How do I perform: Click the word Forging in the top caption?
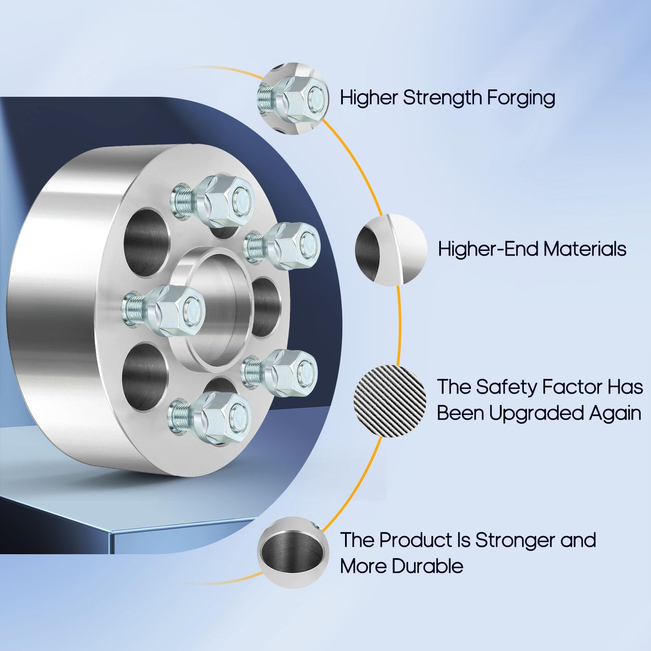[521, 98]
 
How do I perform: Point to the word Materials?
[585, 249]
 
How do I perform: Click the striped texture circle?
[391, 401]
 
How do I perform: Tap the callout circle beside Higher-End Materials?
[391, 249]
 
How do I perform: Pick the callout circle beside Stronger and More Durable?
[293, 552]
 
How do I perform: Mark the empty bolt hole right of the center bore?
[266, 307]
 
